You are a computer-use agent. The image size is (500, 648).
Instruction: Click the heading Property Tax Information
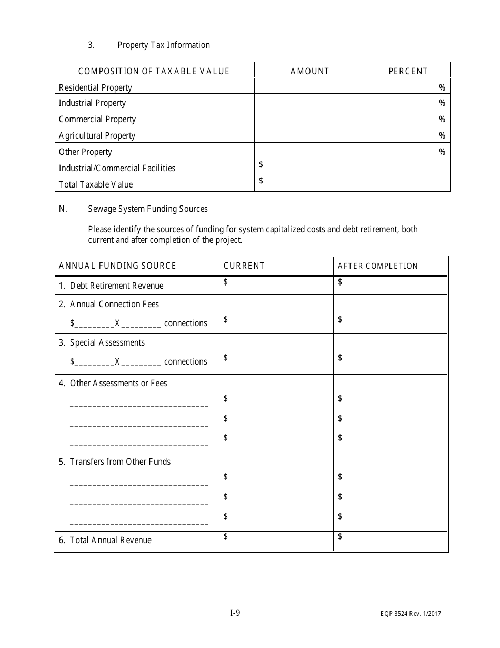(x=164, y=45)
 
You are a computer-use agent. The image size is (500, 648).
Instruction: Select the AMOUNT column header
(x=309, y=71)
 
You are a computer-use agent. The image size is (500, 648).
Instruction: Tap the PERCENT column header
(x=408, y=71)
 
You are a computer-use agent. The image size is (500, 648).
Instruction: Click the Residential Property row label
(x=95, y=87)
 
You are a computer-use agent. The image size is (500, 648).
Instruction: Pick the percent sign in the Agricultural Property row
(x=442, y=135)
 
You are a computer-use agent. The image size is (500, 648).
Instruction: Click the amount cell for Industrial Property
(x=310, y=103)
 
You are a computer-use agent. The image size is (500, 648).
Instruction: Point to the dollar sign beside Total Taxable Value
(x=261, y=181)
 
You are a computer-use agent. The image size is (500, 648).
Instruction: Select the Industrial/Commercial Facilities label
(x=117, y=168)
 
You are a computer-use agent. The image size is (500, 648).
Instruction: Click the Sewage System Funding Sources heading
(x=148, y=209)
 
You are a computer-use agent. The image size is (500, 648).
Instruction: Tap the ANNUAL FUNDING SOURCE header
(x=117, y=266)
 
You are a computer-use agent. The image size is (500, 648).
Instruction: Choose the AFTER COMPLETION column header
(x=377, y=266)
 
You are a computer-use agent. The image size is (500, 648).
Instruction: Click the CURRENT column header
(x=244, y=266)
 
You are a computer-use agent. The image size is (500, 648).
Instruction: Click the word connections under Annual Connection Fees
(x=185, y=323)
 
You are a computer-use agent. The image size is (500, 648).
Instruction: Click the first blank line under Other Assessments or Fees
(x=139, y=406)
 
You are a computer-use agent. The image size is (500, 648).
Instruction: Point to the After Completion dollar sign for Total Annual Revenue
(x=340, y=536)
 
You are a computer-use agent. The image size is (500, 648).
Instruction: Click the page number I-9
(x=235, y=613)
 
